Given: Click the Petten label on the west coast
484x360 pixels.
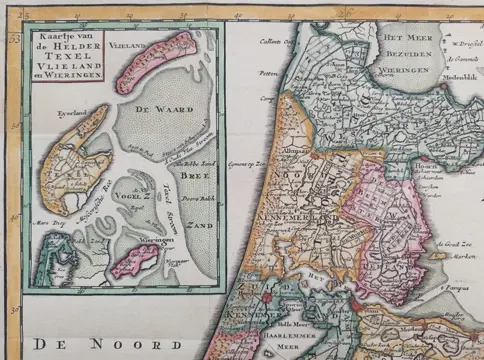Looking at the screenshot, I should click(268, 74).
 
